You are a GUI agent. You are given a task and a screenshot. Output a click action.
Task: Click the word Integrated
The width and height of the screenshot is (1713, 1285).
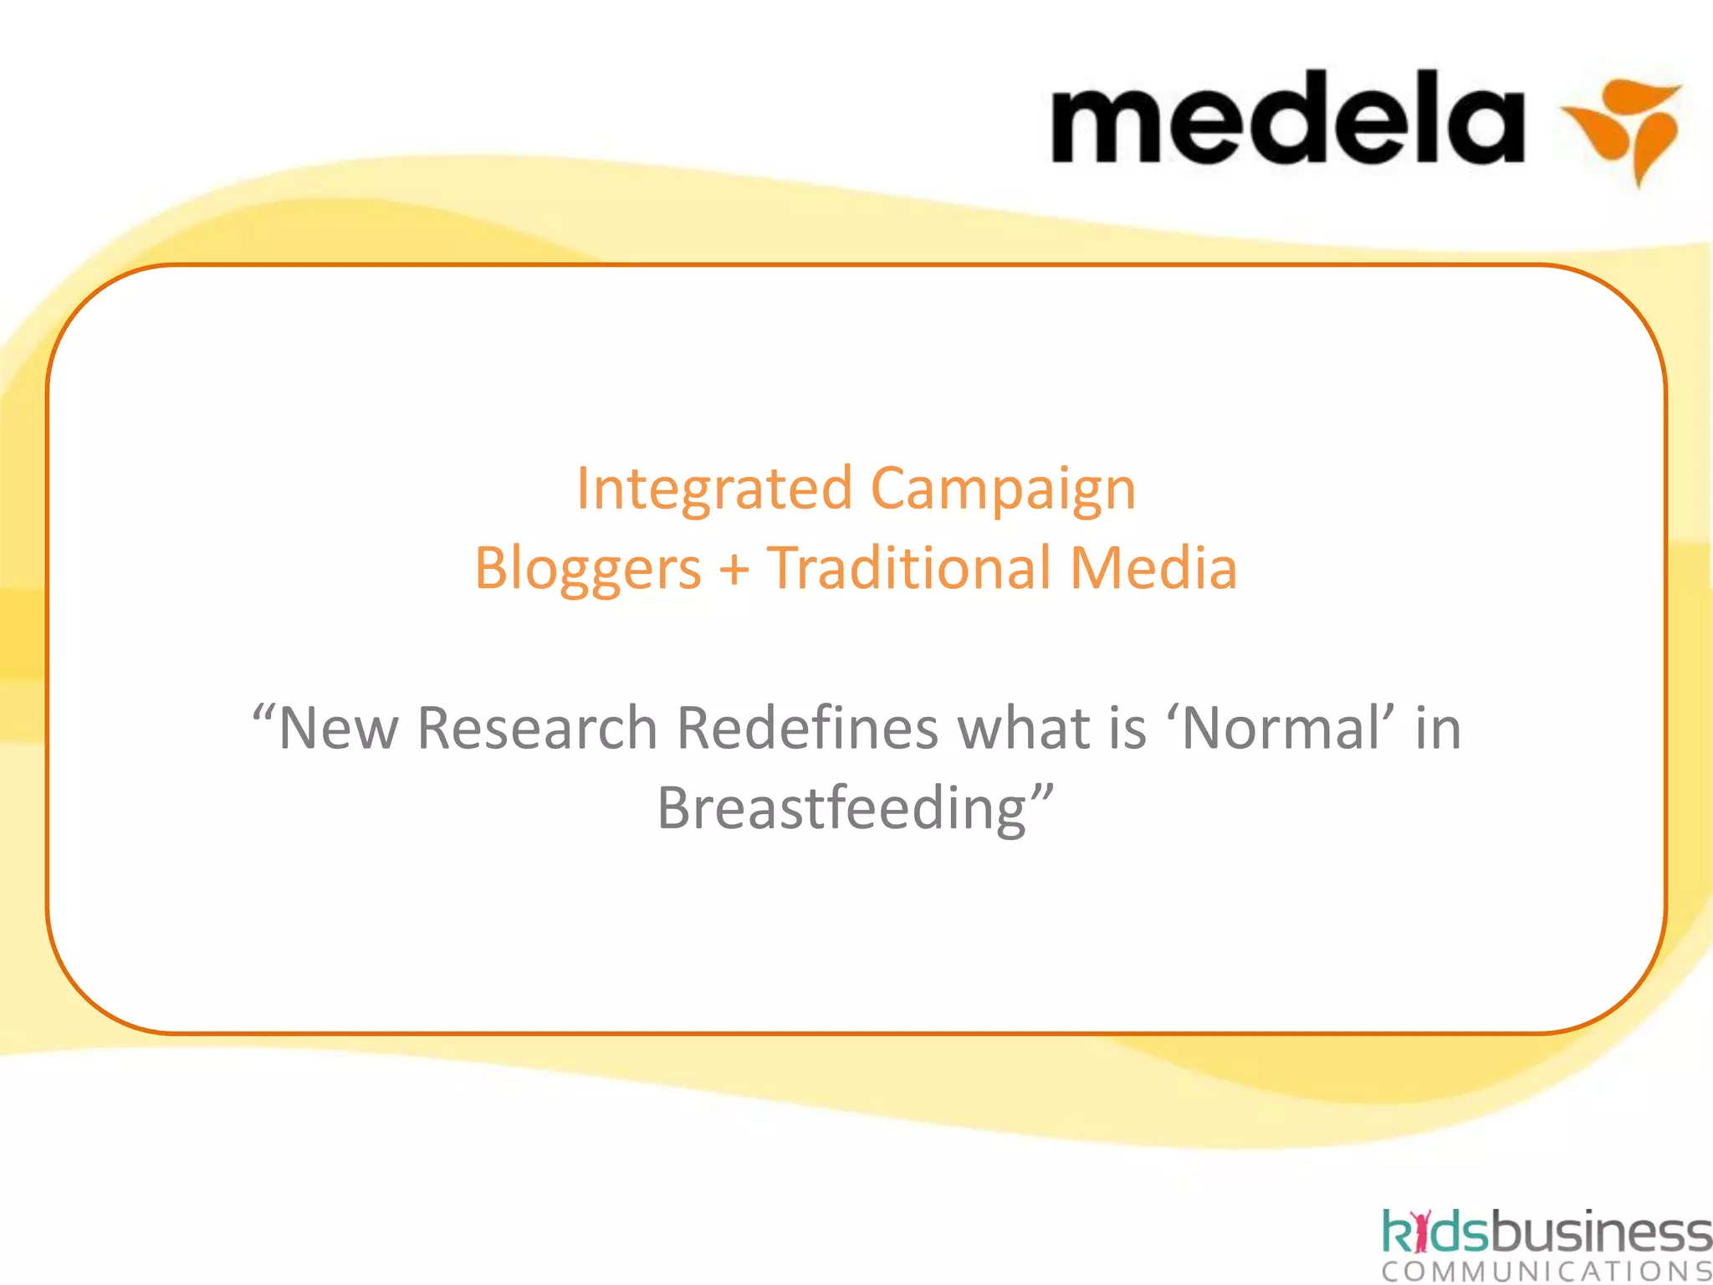[x=715, y=489]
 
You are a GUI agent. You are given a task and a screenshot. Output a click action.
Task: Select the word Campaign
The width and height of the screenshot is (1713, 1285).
[x=1003, y=490]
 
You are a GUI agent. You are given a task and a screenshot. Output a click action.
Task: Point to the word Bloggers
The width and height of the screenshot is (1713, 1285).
[x=587, y=570]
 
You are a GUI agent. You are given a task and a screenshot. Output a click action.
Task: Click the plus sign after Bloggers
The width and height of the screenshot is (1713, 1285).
[x=734, y=570]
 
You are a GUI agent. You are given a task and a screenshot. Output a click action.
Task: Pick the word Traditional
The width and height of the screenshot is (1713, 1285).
[x=908, y=568]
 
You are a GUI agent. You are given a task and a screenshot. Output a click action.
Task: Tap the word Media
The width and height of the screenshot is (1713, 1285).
[x=1153, y=568]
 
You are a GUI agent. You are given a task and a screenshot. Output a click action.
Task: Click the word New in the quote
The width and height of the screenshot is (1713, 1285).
[x=338, y=728]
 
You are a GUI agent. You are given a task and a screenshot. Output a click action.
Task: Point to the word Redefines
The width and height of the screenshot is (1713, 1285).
[x=807, y=728]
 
